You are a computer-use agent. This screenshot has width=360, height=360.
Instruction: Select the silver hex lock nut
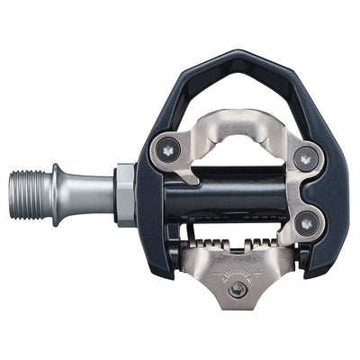[126, 193]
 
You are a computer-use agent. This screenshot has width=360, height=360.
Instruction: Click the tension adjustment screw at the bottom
[237, 290]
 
